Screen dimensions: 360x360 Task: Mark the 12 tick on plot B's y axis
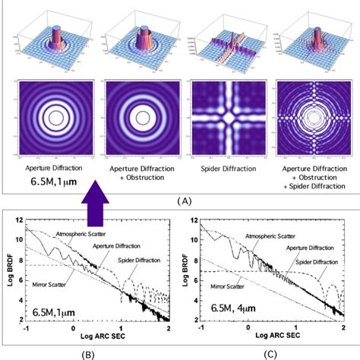(24, 221)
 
